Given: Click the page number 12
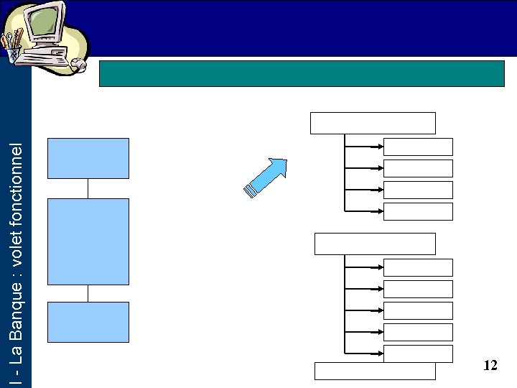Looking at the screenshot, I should pos(490,366).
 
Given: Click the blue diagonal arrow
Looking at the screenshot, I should pos(266,177).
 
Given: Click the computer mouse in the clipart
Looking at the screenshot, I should pos(80,65).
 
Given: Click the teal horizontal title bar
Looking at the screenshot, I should pos(302,73).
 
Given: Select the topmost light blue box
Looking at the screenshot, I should pos(88,158).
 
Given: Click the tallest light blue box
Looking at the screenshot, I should pos(88,241).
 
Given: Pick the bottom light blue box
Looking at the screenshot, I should pos(88,322).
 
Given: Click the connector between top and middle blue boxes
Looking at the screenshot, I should pos(88,188).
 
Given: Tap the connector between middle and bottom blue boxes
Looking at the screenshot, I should pos(88,293).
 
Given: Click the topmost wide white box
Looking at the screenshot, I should pos(373,123).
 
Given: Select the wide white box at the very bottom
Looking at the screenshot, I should pos(375,371).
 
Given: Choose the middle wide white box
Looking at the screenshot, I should pos(375,244).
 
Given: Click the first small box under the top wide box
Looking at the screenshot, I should pos(418,147).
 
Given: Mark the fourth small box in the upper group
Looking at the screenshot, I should pos(418,211).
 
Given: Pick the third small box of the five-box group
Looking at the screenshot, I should pos(418,310).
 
